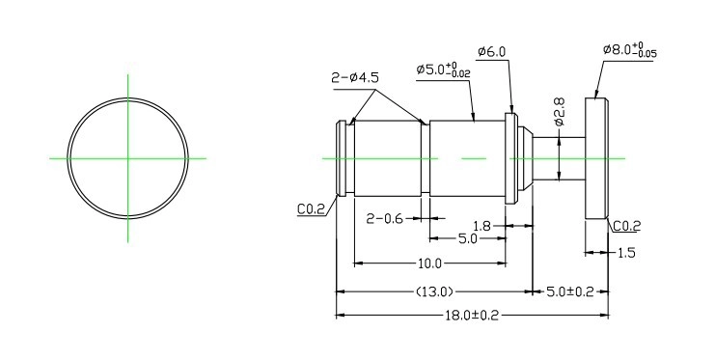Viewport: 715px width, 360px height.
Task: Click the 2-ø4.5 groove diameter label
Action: coord(355,77)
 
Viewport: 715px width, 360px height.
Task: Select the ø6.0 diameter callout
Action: coord(491,52)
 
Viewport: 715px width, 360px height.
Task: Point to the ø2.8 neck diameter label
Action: coord(560,111)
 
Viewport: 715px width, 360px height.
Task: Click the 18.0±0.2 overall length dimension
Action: coord(472,316)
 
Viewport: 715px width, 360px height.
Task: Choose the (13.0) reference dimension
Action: coord(434,291)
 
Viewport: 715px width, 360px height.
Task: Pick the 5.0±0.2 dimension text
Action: coord(570,291)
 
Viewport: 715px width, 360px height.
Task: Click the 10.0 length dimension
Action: coord(429,263)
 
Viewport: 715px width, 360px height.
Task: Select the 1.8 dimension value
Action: coord(481,226)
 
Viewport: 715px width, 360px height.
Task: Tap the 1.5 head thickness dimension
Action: coord(626,252)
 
